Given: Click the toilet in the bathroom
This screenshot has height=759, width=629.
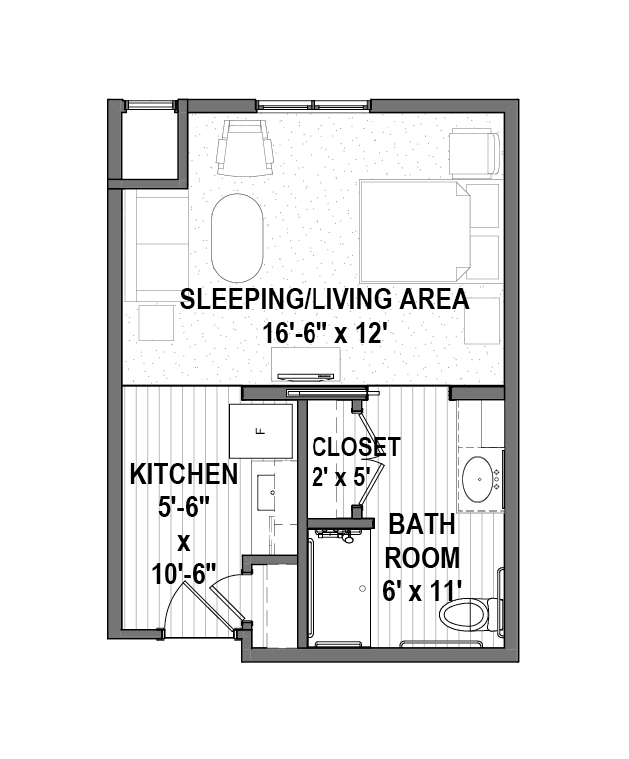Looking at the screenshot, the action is pos(471,614).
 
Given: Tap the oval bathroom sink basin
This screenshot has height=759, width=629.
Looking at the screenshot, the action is pos(479,479).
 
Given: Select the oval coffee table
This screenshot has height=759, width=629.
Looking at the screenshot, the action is pos(237,238).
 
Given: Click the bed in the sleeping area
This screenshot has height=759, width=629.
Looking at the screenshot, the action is pos(415,231).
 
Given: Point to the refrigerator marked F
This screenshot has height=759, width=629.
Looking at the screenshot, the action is pos(261,431).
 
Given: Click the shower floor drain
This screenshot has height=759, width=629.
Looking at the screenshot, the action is pos(363,588).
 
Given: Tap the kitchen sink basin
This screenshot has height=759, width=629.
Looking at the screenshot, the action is pos(266,492).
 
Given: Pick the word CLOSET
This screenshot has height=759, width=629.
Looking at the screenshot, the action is pos(356,447).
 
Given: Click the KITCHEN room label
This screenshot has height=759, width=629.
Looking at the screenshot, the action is pos(184,474).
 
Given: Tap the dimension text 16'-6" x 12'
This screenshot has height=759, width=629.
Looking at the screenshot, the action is pos(325,333).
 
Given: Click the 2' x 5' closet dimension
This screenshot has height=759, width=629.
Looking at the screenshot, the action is pos(341,478).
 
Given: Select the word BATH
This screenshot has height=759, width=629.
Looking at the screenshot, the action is pos(422,524).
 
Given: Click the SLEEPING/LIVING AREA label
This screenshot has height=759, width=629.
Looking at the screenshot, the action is pos(324,299).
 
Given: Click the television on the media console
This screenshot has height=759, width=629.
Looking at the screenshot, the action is pos(306,376).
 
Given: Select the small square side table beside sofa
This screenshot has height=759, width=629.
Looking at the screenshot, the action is pos(156,323).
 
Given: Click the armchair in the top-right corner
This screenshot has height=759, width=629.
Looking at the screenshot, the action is pos(474,153).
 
